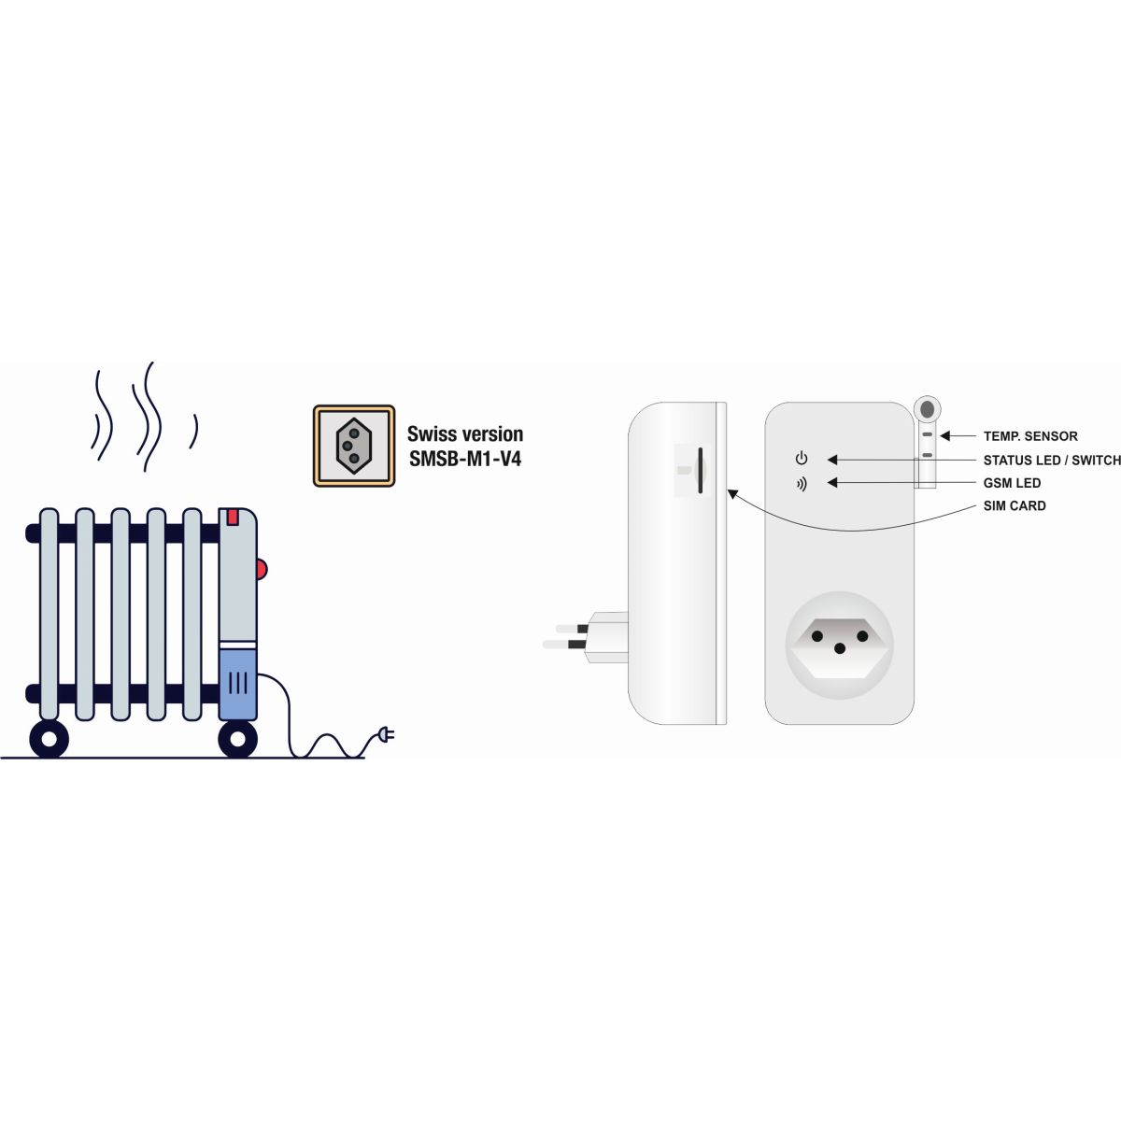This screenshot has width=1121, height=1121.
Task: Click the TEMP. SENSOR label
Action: click(x=1030, y=436)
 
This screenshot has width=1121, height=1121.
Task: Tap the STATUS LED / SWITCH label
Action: click(x=1052, y=461)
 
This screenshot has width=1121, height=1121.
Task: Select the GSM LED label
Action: click(x=1013, y=483)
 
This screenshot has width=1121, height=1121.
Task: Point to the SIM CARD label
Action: click(x=1015, y=506)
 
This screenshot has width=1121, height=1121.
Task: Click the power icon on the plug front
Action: click(x=802, y=459)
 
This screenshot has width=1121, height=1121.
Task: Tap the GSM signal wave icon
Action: click(x=802, y=484)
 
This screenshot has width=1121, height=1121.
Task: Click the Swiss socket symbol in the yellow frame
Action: click(x=354, y=447)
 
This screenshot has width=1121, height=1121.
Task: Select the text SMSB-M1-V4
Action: click(x=465, y=459)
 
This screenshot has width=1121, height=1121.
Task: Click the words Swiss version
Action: click(x=465, y=434)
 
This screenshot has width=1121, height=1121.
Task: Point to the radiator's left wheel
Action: click(x=50, y=738)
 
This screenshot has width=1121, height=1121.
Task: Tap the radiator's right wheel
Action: click(x=237, y=738)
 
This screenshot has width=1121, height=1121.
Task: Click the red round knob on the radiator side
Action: click(x=262, y=569)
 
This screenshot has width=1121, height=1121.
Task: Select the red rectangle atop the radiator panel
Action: click(x=233, y=518)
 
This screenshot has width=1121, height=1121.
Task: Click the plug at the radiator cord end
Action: click(x=386, y=735)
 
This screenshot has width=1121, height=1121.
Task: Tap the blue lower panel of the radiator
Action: click(x=238, y=685)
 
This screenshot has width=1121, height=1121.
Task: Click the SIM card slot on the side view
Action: click(x=700, y=470)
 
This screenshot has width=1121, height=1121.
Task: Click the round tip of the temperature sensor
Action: click(x=928, y=408)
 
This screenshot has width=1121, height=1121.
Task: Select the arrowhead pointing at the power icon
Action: click(x=832, y=460)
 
